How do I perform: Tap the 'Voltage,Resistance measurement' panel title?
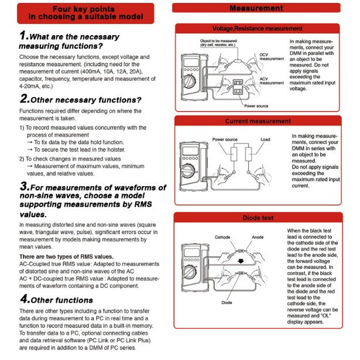[257, 28]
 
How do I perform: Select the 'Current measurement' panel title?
[258, 121]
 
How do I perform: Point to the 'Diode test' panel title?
[258, 218]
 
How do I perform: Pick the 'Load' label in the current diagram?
[266, 140]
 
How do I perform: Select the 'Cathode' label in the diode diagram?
[223, 237]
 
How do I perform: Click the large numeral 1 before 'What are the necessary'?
[24, 36]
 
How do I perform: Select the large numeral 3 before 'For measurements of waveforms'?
[24, 187]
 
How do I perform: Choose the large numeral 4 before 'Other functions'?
[24, 299]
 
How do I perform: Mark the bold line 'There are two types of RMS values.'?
[66, 257]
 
